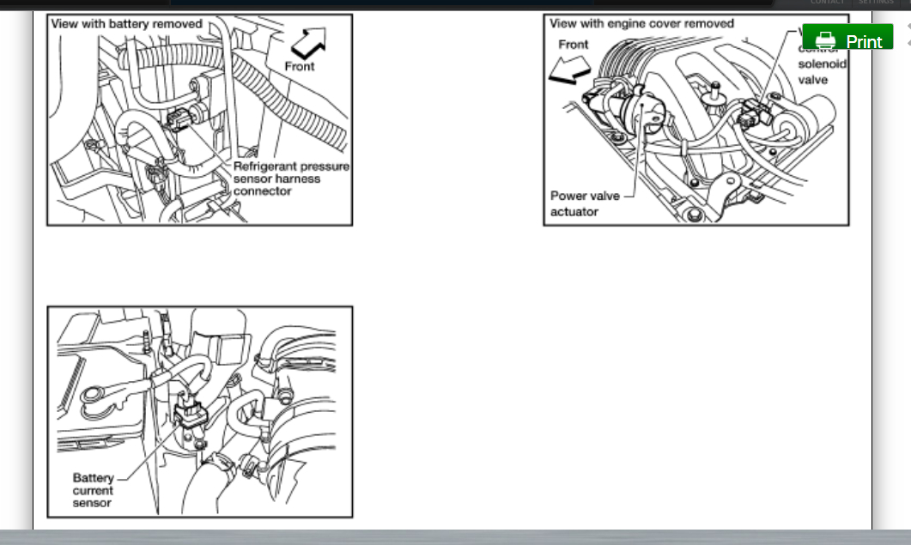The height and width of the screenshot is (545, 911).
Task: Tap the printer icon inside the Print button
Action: (825, 40)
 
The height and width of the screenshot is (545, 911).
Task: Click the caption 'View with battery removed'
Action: (126, 24)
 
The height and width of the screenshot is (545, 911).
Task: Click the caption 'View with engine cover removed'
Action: (641, 24)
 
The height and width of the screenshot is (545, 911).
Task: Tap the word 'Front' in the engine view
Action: (573, 45)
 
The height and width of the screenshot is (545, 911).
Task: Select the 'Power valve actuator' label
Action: (584, 203)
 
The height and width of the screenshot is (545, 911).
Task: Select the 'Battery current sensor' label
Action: (93, 490)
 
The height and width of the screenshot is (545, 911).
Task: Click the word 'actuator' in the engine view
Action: (574, 211)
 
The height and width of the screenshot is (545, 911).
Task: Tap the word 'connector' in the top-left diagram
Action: (262, 191)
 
